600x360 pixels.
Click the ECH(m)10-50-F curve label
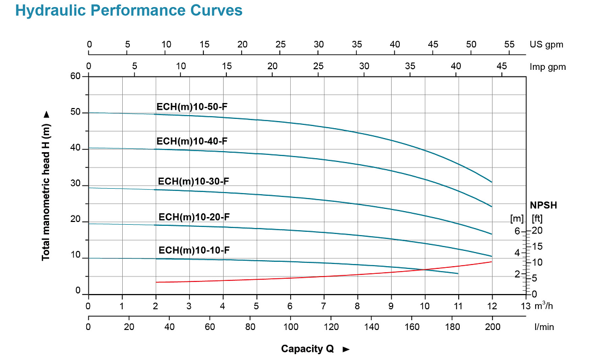191,107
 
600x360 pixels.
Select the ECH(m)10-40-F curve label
191,141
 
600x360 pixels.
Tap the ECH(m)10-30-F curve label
193,181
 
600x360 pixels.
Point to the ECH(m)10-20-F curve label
194,217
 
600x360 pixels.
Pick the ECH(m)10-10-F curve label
194,250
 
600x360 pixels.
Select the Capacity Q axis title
308,349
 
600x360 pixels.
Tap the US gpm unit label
546,45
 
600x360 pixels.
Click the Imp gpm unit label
548,67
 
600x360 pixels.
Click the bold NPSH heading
543,206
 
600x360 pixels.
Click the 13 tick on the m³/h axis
526,305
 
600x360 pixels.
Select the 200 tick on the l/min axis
492,326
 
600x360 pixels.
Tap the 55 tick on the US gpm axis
509,45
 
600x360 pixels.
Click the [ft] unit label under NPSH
537,219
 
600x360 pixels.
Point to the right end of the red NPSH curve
492,262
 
